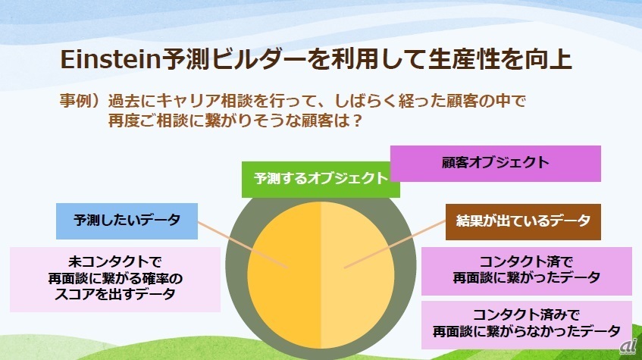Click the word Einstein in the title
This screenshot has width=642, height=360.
click(111, 59)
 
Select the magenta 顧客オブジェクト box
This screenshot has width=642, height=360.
click(496, 164)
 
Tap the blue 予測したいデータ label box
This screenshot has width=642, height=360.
click(127, 221)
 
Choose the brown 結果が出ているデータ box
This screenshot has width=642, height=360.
click(523, 221)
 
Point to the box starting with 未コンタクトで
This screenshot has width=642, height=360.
click(115, 280)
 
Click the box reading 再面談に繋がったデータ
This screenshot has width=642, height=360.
click(527, 271)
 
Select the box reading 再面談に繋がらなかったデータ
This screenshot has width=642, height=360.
click(527, 325)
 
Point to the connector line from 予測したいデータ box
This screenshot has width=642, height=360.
click(243, 245)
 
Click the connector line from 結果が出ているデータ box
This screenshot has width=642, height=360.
click(395, 245)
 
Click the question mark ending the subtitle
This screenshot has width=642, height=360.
click(357, 121)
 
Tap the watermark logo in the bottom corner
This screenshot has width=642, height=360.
click(628, 346)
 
